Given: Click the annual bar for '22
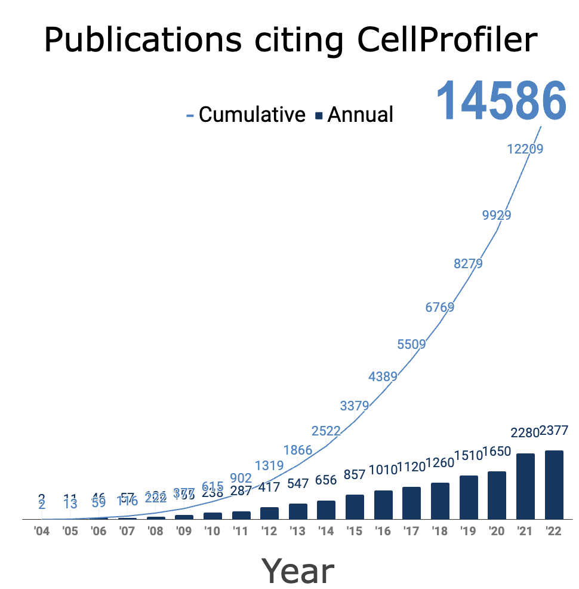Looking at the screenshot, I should [554, 484].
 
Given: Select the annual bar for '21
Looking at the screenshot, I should [525, 486].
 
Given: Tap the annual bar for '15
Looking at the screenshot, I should [355, 507].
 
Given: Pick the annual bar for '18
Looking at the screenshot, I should [440, 501].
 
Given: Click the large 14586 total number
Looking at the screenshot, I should [501, 102].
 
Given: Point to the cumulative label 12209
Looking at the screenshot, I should [525, 149].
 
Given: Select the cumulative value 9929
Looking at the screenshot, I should [497, 216].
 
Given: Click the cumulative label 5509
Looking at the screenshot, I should [411, 345].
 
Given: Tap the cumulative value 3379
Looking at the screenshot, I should [355, 406].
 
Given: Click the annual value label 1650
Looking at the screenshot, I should [497, 452].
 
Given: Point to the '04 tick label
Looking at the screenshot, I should [41, 531].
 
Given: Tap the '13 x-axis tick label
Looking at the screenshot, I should [297, 531].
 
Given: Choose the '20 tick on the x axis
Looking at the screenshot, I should [497, 531].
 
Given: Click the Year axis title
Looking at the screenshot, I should [297, 571].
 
